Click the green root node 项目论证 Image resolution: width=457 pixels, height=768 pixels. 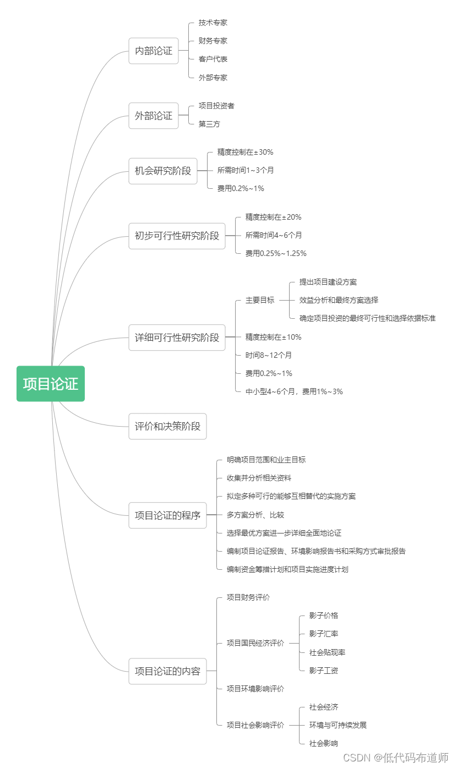(51, 384)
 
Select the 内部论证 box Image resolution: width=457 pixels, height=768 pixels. (154, 51)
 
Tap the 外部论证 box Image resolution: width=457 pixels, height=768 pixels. (154, 116)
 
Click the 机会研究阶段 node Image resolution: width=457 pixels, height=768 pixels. (163, 171)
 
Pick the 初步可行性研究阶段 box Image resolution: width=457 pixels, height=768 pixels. (177, 236)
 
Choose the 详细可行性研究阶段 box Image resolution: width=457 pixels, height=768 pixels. (177, 337)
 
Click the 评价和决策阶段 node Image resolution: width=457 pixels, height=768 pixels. (167, 426)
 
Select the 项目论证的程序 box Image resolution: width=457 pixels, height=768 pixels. (167, 515)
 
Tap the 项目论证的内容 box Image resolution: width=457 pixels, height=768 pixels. (167, 671)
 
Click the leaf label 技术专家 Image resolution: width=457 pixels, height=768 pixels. (213, 23)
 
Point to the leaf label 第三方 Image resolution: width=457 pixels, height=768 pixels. (209, 124)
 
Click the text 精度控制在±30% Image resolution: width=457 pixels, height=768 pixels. (245, 152)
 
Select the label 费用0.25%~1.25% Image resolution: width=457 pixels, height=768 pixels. (276, 253)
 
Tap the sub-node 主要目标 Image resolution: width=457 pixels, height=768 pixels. (260, 300)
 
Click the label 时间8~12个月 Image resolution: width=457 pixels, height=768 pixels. (269, 355)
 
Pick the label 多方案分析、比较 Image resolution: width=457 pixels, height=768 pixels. (255, 515)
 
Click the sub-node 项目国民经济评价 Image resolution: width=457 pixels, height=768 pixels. (255, 643)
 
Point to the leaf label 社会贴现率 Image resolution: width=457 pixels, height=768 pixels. (327, 652)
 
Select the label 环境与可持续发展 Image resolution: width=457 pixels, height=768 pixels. (338, 725)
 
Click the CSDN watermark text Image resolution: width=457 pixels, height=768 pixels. (396, 758)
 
